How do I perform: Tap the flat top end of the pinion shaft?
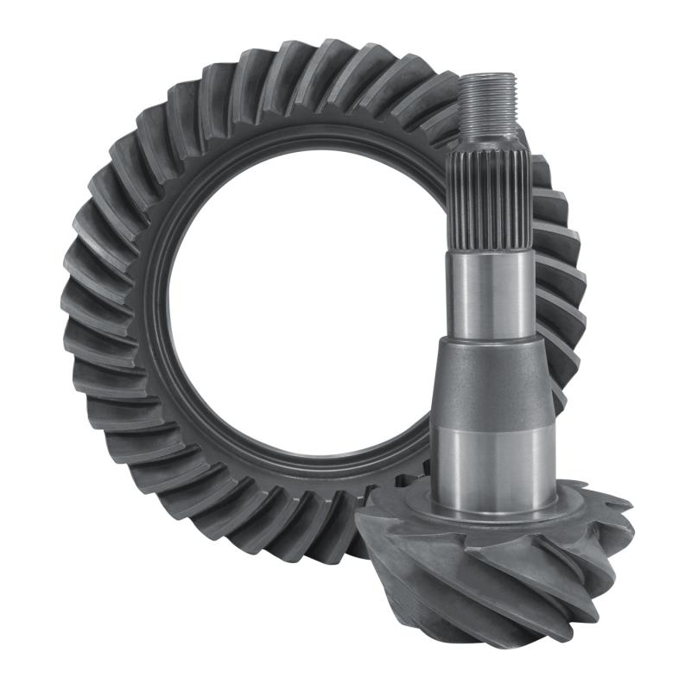pyautogui.click(x=488, y=77)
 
